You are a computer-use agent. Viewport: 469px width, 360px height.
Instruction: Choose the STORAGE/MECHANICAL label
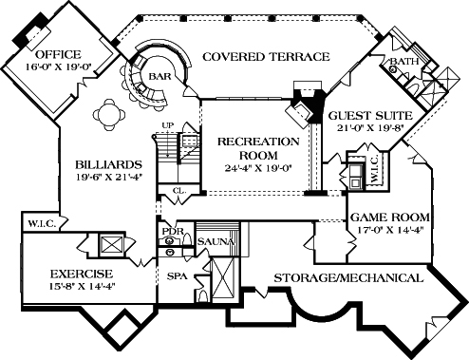347,278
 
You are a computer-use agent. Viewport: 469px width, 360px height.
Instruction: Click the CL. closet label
178,191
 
